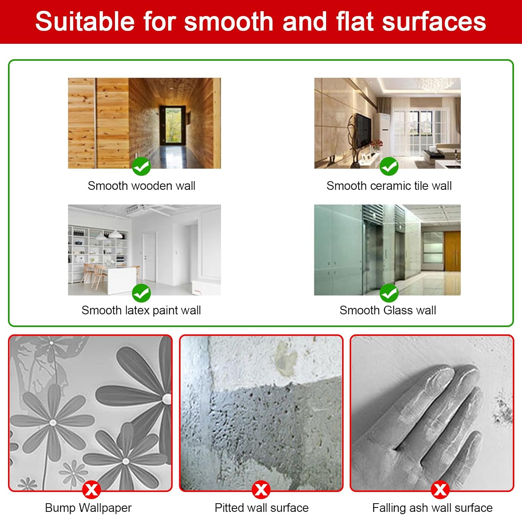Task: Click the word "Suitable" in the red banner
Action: (85, 22)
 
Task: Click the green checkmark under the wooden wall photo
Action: (141, 167)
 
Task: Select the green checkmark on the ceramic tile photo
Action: (389, 167)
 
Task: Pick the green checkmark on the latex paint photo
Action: (141, 293)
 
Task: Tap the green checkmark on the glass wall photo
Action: (389, 293)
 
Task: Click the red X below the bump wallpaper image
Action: (92, 490)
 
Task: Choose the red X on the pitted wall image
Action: (261, 490)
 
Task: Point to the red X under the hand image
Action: (440, 490)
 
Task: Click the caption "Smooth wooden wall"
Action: (141, 186)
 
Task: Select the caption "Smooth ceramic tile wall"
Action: (389, 186)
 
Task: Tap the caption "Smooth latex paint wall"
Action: (141, 310)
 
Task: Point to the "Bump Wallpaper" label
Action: (88, 508)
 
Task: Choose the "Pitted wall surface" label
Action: (262, 508)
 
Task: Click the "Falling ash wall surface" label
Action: (433, 508)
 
